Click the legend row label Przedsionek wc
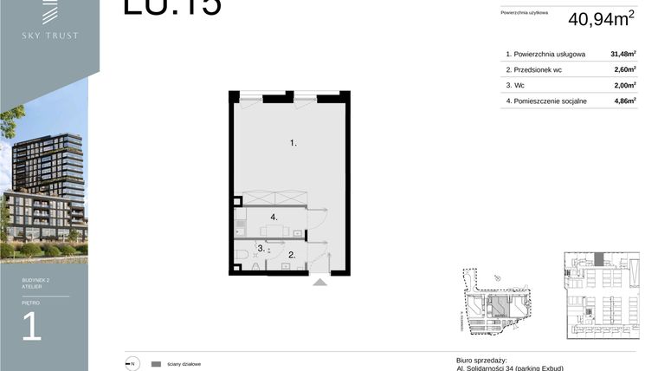(x=543, y=68)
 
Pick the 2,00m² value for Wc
(x=623, y=84)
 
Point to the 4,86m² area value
(x=623, y=101)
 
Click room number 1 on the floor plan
(x=294, y=142)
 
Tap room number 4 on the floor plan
(x=273, y=217)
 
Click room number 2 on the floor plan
(x=293, y=255)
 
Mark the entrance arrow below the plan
(x=319, y=280)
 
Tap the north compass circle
(x=132, y=364)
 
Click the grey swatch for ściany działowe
(x=156, y=364)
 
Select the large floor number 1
(x=32, y=327)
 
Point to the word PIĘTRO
(x=31, y=303)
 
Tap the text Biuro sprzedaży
(x=481, y=360)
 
